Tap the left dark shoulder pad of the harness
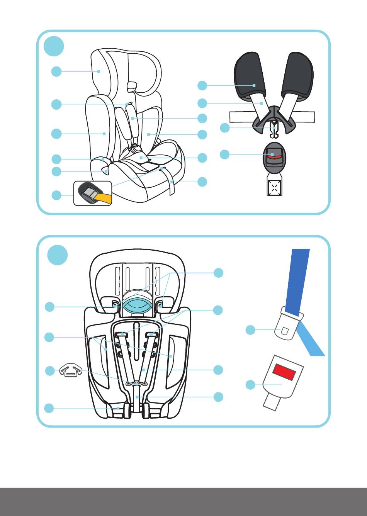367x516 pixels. point(249,75)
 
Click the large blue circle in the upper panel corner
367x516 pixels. point(54,46)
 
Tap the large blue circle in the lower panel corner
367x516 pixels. point(58,255)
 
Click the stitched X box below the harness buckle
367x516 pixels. point(274,188)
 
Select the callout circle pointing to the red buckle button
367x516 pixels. point(224,154)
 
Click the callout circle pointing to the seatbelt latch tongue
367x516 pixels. point(251,330)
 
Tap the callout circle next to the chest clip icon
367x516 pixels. point(49,371)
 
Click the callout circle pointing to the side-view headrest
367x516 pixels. point(56,71)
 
